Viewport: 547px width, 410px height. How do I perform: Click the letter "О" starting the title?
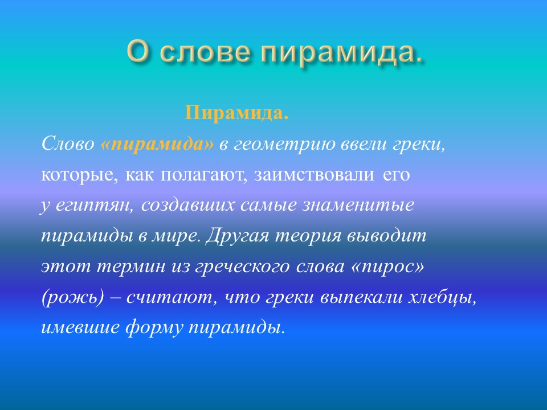click(139, 52)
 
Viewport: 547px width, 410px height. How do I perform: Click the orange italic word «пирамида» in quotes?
click(157, 145)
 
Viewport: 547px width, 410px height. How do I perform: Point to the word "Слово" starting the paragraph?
click(67, 145)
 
